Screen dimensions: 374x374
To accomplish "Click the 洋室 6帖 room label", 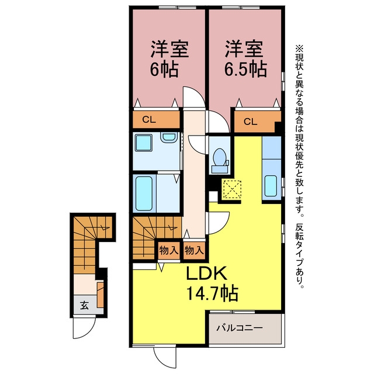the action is tap(169, 59).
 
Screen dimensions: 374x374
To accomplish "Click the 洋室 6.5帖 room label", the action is tap(245, 59).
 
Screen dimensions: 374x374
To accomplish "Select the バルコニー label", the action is tap(239, 328).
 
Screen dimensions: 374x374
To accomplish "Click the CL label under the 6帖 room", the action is tap(149, 119).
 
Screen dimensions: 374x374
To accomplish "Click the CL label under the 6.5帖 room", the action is tap(250, 122).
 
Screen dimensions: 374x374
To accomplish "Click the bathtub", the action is tap(144, 193).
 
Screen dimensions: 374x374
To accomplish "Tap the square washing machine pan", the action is tap(144, 143).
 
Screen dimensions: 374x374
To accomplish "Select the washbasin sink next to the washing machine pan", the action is tap(169, 137).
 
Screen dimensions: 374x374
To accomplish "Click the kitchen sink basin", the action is tap(271, 186).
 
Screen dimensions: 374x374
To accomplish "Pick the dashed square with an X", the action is tap(231, 189).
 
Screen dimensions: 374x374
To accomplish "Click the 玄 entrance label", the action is tap(84, 305).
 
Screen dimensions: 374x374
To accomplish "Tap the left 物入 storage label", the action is tap(169, 251).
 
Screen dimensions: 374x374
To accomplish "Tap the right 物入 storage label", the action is tap(194, 251).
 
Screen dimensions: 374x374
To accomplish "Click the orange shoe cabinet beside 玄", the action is tap(101, 295).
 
